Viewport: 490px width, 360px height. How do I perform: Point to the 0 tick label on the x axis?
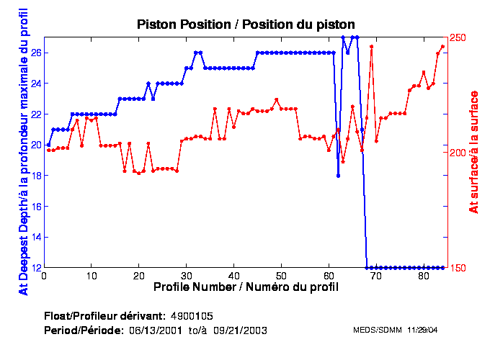point(45,276)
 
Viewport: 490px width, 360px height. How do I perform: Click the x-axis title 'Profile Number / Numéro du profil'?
point(246,287)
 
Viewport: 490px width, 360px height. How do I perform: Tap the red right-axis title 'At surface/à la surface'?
point(474,153)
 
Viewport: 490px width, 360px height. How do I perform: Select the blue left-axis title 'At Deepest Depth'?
point(24,153)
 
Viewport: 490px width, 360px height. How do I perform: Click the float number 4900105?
point(192,316)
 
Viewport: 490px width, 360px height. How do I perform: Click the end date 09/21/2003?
point(243,330)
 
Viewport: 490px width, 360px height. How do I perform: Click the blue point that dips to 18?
point(338,176)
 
